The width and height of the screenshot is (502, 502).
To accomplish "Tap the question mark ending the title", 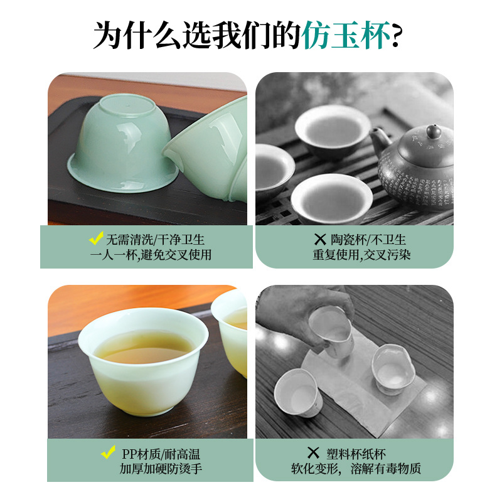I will click(397, 36).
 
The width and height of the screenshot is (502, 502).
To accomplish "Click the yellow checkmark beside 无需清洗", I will click(96, 238).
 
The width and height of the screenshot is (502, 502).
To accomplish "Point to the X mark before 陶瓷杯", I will click(320, 239).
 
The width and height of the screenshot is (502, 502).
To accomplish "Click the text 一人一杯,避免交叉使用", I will click(151, 255).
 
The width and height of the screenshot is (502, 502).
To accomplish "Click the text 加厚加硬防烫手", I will click(161, 469).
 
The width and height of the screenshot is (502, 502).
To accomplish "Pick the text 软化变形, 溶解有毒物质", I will click(355, 469).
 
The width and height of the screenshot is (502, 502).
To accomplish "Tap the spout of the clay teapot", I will click(378, 137).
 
